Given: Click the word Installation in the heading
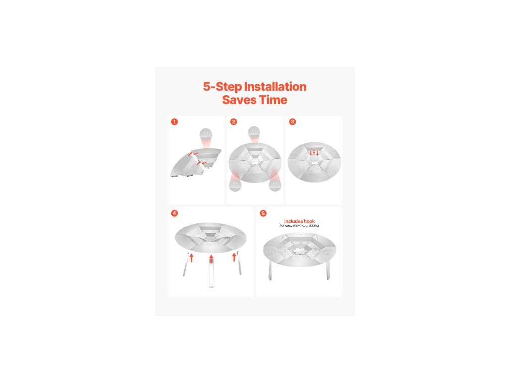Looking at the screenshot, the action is point(275,87).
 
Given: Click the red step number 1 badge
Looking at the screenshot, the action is point(175,122).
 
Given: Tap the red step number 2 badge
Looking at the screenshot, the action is point(233,122).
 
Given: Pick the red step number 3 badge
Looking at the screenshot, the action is point(292,122).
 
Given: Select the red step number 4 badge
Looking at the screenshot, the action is point(175,213).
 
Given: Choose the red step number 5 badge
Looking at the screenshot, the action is point(263,213).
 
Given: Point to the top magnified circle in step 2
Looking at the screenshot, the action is point(254,132).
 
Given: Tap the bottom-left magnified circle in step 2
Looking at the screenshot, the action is point(235,185).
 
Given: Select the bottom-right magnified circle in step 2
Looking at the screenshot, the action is point(275,185).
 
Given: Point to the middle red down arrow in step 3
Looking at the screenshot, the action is point(314,152).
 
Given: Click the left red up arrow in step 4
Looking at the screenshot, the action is point(192,258).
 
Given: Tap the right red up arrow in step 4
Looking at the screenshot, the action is point(234,257).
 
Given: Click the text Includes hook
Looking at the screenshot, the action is point(299,221).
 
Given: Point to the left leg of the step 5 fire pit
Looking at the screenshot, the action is point(270,271).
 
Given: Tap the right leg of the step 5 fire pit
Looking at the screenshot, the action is point(328,271).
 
